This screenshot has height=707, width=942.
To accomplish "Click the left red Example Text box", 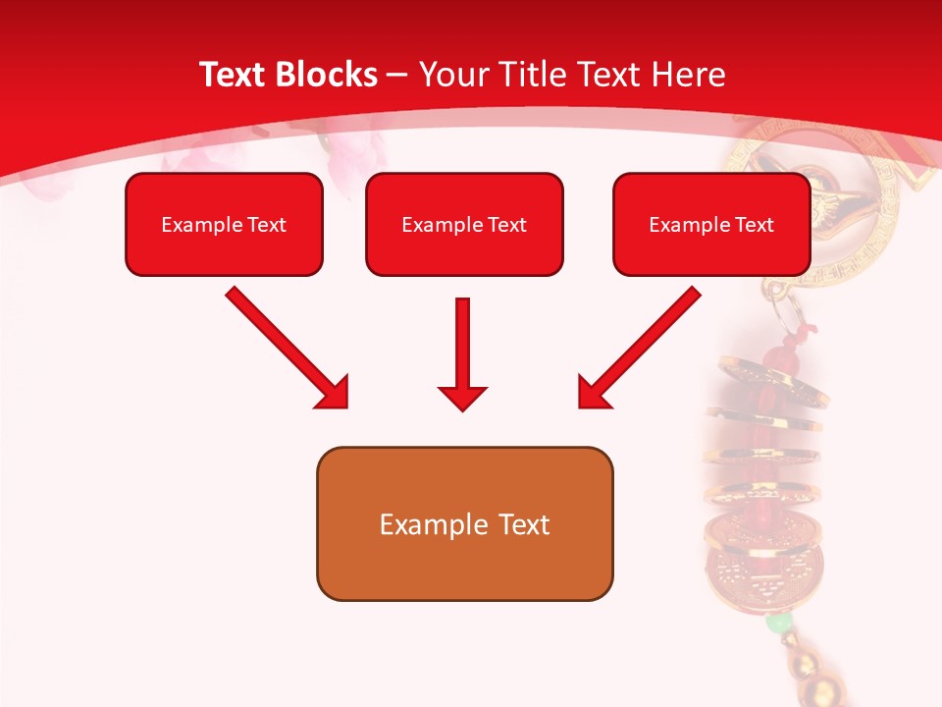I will click(224, 225).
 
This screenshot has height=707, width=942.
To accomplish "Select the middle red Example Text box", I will click(464, 225).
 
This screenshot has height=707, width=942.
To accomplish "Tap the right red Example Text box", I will click(711, 225).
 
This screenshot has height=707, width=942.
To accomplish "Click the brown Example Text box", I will click(464, 524).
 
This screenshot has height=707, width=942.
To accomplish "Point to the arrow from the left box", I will click(285, 345).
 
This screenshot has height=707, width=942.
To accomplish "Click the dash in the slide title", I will click(397, 75).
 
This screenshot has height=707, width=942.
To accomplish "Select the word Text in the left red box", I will click(267, 225).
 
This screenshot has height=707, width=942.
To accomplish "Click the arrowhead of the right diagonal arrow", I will click(594, 393).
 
